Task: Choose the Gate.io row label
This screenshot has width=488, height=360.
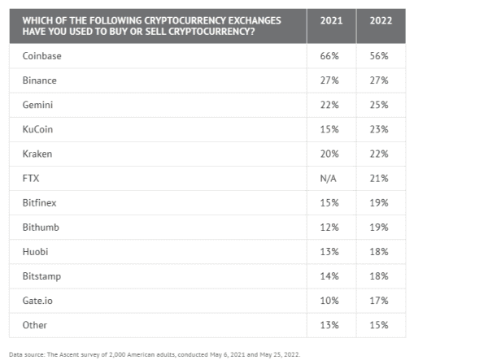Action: click(37, 300)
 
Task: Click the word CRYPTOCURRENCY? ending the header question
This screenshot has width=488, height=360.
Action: click(205, 31)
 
